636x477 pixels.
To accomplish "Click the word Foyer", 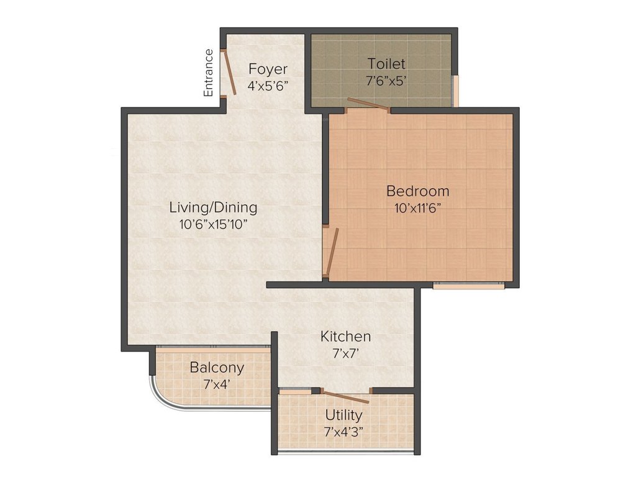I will coord(268,69).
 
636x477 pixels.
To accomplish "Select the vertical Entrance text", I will coord(209,73).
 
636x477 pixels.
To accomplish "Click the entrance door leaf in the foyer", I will coord(229,72).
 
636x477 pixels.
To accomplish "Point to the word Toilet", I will coord(386,63).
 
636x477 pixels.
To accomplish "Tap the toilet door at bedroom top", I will coord(368,105).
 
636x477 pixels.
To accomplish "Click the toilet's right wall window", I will coord(455,91).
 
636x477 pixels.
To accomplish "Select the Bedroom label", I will coord(417,191).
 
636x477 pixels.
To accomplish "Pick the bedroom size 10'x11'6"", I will coord(417,208).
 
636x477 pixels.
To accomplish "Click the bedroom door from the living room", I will coord(333,252).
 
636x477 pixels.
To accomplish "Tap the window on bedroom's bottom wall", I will coord(468,286).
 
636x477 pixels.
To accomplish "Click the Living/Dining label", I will coord(213,207).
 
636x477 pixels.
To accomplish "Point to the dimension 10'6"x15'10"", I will coord(213,225).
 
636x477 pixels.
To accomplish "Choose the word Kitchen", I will coord(345,337).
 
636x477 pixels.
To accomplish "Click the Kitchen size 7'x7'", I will coord(345,353).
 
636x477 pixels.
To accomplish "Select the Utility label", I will coord(343,415).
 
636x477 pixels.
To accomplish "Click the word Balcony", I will coord(217,368).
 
